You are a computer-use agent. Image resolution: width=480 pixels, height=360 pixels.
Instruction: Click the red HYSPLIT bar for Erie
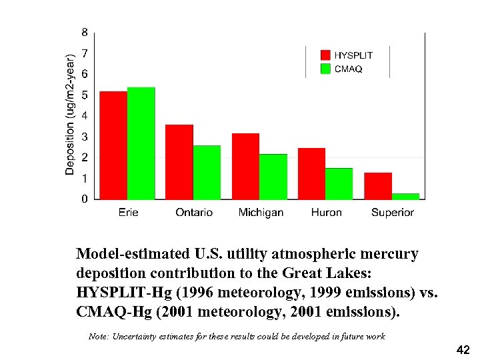tap(113, 145)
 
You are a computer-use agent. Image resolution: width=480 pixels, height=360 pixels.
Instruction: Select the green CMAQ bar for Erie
tap(141, 143)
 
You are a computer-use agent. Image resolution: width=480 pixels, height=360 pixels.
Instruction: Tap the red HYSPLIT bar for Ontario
tap(179, 162)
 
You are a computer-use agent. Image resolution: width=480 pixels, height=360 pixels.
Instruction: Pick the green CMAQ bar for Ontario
tap(207, 172)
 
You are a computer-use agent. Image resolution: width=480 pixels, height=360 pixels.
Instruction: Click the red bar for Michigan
tap(245, 166)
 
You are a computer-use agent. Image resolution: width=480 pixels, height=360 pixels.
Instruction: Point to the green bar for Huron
tap(339, 183)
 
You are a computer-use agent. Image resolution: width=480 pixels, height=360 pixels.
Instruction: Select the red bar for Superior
tap(378, 185)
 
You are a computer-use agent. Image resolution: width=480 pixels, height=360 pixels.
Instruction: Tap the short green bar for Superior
tap(405, 196)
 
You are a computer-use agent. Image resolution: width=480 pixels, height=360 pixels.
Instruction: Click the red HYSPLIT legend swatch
tap(325, 55)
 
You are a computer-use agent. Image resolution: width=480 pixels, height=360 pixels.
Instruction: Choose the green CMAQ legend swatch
tap(325, 69)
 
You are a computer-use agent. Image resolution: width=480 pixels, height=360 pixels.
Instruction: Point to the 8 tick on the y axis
tap(84, 32)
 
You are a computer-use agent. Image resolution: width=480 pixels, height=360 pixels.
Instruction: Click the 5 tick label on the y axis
tap(84, 95)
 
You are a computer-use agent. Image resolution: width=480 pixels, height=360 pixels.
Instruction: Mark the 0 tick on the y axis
tap(84, 199)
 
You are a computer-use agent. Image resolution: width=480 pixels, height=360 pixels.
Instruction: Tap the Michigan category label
tap(261, 213)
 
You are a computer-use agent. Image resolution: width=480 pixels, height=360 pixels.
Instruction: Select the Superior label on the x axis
tap(393, 213)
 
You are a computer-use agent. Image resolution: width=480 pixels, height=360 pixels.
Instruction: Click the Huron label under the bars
tap(326, 213)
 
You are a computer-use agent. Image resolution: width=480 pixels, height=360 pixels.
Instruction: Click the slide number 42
tap(463, 349)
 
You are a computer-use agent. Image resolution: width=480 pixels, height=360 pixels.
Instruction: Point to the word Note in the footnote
tap(100, 337)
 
